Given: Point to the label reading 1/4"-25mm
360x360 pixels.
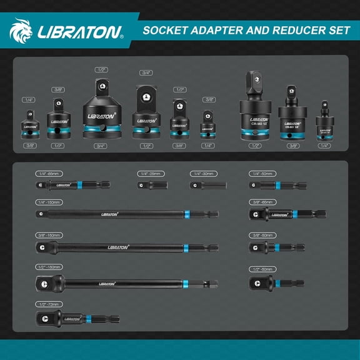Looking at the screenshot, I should (x=150, y=173).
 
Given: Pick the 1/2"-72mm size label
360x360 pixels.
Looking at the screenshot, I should (x=49, y=304).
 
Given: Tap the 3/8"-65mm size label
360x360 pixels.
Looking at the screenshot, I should (x=262, y=202).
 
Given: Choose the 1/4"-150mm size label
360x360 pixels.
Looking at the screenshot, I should (x=49, y=202).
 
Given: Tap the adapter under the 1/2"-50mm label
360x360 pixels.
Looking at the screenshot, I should (x=276, y=284).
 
